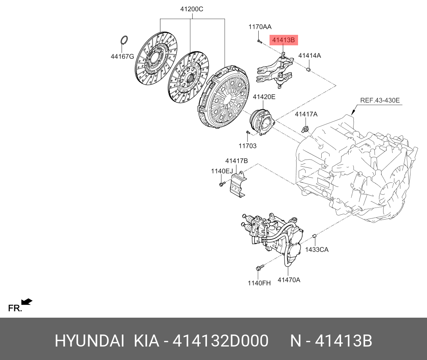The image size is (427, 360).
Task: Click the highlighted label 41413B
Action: [x=283, y=40]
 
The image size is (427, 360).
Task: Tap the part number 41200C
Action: [x=192, y=9]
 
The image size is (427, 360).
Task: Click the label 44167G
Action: [x=122, y=57]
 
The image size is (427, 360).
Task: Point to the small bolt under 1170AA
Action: [x=259, y=40]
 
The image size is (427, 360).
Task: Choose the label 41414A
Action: [x=309, y=55]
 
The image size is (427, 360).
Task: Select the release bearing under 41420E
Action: [x=262, y=120]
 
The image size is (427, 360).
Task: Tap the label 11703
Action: [x=247, y=146]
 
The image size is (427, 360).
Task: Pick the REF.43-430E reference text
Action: [x=380, y=100]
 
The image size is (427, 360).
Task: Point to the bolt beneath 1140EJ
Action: [x=221, y=184]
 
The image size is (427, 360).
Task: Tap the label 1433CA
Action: [x=316, y=249]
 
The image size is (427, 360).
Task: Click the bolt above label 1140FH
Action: [x=259, y=267]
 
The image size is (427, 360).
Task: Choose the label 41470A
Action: [x=289, y=279]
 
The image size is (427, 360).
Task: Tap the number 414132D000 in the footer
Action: [x=220, y=341]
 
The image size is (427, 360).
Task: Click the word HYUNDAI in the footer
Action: [x=89, y=341]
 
